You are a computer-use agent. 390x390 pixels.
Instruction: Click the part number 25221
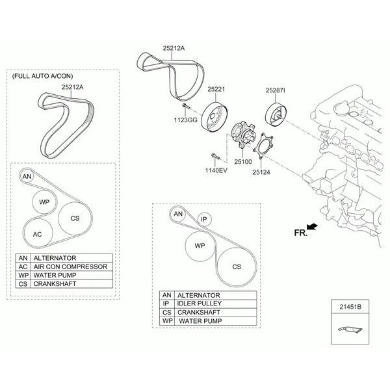point(216,89)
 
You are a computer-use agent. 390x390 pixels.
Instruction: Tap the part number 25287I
point(276,90)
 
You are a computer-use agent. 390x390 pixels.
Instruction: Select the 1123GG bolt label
point(185,120)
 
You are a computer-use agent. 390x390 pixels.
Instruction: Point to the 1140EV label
point(216,170)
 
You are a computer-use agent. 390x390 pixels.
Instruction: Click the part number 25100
point(243,162)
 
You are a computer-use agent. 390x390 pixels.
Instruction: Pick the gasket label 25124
point(261,172)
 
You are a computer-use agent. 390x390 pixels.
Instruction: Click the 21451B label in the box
point(350,307)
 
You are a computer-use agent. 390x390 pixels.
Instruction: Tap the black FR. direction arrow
point(312,226)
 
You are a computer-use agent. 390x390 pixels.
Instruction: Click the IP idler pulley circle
point(204,220)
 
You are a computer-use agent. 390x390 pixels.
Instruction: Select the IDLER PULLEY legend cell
point(215,304)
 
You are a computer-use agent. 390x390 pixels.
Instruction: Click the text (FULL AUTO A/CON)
point(42,76)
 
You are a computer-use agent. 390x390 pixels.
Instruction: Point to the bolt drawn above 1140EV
point(215,157)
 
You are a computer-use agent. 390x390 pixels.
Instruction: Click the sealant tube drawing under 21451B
point(350,330)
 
